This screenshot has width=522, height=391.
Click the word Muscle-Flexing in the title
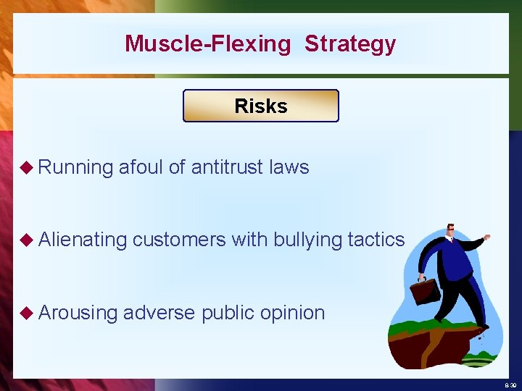207,43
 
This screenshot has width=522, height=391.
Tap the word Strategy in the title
350,43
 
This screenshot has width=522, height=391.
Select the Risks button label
261,106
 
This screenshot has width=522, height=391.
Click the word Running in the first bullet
76,167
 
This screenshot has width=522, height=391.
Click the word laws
289,167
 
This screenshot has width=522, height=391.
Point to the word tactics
376,240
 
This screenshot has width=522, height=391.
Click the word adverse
159,312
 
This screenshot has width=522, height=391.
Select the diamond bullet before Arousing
27,313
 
